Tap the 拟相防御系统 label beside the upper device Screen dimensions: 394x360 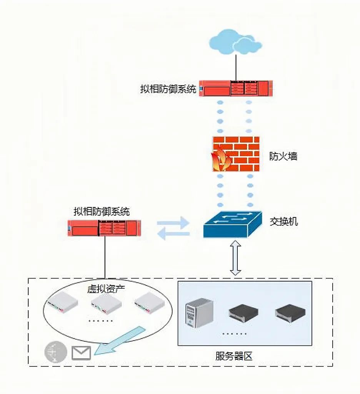(x=168, y=89)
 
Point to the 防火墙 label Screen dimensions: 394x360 (x=283, y=156)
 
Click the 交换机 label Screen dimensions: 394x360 (x=283, y=222)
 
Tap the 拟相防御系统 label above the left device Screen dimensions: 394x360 (x=102, y=211)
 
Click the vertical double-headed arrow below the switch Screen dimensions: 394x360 (x=235, y=257)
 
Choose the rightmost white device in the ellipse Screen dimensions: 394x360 (x=149, y=303)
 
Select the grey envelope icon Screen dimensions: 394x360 (x=81, y=352)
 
